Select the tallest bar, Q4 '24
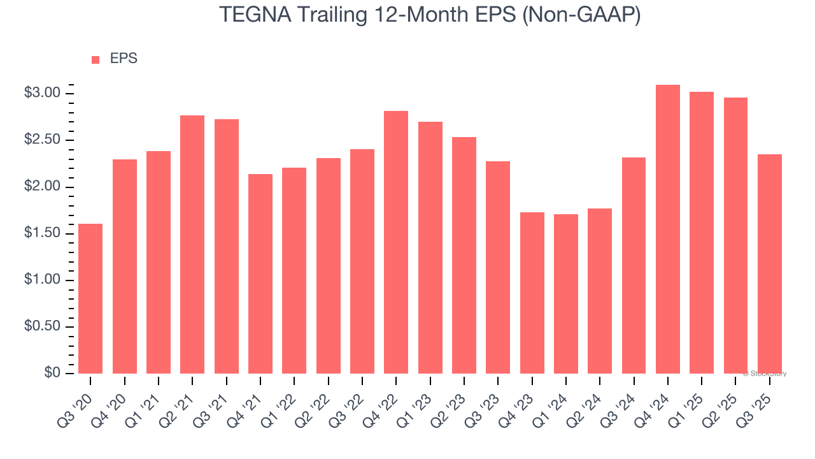pyautogui.click(x=667, y=229)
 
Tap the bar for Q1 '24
pyautogui.click(x=565, y=294)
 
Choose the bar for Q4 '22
pyautogui.click(x=396, y=242)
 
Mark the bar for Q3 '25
pyautogui.click(x=769, y=264)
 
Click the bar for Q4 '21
pyautogui.click(x=260, y=273)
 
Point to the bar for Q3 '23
pyautogui.click(x=498, y=267)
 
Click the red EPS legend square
pyautogui.click(x=96, y=60)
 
